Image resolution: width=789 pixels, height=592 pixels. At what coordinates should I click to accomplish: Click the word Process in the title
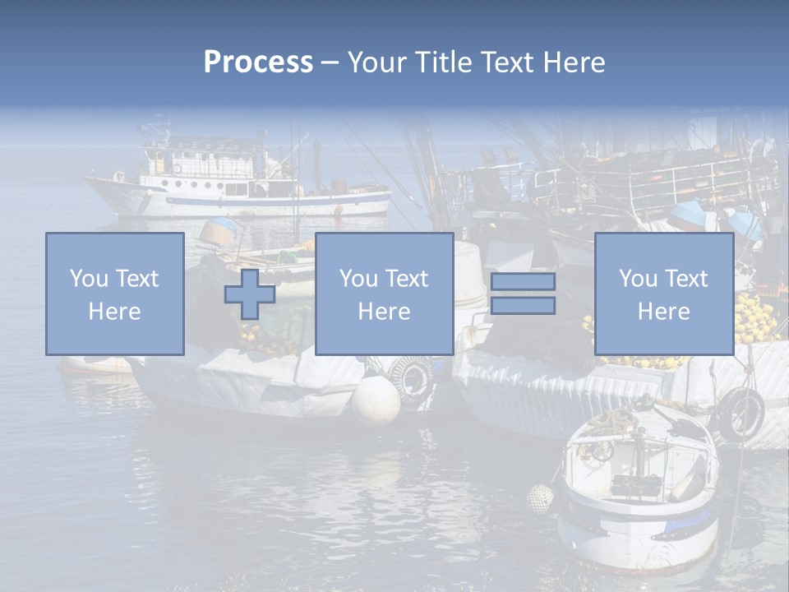tap(258, 62)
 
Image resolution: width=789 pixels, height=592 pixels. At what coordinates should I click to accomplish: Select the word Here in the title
tap(573, 62)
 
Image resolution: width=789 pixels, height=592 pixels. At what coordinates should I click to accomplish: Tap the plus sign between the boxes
tap(250, 294)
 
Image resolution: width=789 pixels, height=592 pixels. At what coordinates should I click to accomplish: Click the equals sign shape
tap(523, 294)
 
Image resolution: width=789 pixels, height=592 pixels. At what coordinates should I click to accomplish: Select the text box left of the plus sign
tap(115, 294)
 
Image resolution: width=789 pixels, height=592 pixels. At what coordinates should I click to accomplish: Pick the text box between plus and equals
tap(384, 294)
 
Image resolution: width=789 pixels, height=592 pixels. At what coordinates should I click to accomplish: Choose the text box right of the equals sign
tap(663, 294)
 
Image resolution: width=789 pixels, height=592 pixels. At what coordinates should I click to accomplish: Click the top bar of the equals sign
tap(523, 282)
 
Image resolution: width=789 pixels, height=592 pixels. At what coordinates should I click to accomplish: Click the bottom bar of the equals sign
tap(523, 306)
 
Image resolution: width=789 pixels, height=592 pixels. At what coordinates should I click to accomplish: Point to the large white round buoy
tap(376, 400)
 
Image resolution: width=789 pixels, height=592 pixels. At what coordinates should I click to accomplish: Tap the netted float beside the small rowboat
tap(540, 498)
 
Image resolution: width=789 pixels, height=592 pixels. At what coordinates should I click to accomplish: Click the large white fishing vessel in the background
tap(238, 181)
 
